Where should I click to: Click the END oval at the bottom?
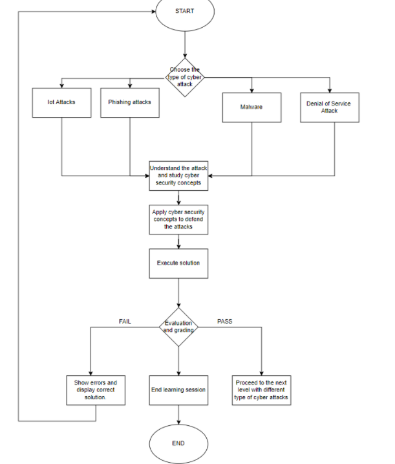pyautogui.click(x=178, y=443)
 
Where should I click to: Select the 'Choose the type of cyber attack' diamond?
pyautogui.click(x=185, y=77)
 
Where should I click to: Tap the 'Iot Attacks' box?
pyautogui.click(x=61, y=102)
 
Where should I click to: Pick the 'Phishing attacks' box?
pyautogui.click(x=129, y=102)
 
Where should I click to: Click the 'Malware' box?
pyautogui.click(x=251, y=107)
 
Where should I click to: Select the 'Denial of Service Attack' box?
pyautogui.click(x=329, y=107)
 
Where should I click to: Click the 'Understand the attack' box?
pyautogui.click(x=178, y=175)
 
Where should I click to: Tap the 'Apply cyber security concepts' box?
pyautogui.click(x=178, y=220)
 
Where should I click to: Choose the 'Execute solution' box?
pyautogui.click(x=178, y=263)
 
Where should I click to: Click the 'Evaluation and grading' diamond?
pyautogui.click(x=178, y=327)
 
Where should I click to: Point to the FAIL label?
pyautogui.click(x=125, y=321)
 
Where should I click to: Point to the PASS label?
pyautogui.click(x=224, y=321)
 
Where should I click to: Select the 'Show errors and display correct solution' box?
pyautogui.click(x=96, y=390)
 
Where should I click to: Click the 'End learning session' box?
pyautogui.click(x=178, y=390)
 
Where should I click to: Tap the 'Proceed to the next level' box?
pyautogui.click(x=261, y=390)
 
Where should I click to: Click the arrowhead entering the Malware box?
pyautogui.click(x=251, y=90)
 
